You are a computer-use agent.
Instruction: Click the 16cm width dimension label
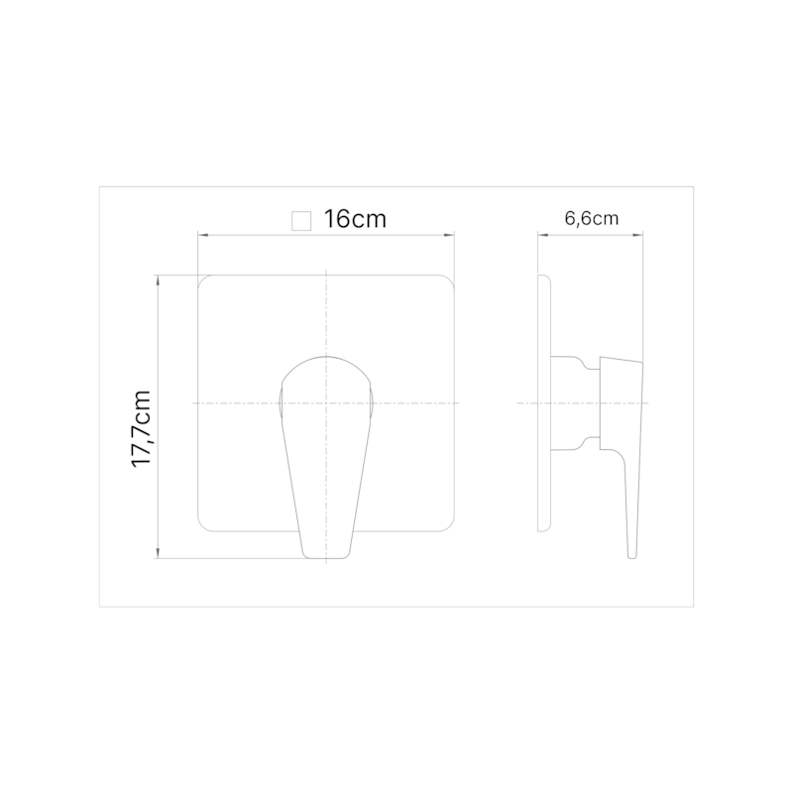[355, 219]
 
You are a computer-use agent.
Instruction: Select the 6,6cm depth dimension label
[591, 218]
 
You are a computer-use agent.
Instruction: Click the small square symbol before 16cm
[301, 221]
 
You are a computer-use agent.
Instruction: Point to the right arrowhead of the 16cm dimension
[449, 235]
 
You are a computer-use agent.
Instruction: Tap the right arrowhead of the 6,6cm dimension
[637, 235]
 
